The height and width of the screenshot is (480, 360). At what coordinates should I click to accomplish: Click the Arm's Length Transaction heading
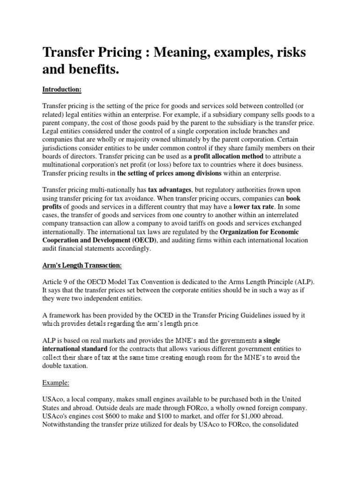(x=82, y=265)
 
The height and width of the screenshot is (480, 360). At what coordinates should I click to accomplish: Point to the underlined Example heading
(x=56, y=382)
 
